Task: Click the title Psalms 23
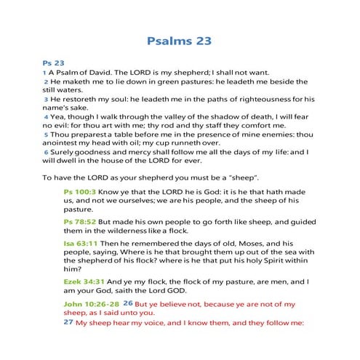180,41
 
